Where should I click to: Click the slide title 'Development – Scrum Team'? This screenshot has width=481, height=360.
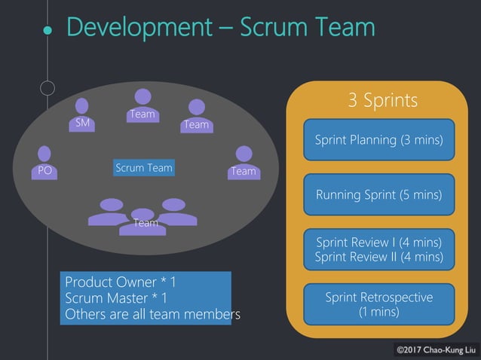coord(220,27)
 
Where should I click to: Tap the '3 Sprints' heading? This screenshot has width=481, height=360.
coord(382,100)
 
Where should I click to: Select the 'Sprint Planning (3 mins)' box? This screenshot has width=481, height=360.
coord(378,139)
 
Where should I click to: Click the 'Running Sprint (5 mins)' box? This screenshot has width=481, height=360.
coord(378,194)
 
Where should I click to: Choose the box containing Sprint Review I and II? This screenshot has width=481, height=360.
coord(378,249)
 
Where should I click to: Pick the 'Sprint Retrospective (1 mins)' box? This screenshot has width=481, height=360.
coord(378,304)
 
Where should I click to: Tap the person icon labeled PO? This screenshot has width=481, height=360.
coord(45,163)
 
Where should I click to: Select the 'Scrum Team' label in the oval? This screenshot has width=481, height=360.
coord(144,168)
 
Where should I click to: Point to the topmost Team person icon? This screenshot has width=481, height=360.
coord(142,105)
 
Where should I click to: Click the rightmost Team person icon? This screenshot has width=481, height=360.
coord(244,162)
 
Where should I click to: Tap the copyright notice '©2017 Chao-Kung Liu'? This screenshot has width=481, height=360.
coord(435,349)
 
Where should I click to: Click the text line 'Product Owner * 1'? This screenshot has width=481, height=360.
coord(121,282)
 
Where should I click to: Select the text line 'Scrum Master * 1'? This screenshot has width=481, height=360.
coord(116,298)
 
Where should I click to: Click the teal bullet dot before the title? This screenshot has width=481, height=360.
coord(47,31)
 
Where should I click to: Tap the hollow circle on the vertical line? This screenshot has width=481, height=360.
coord(47,88)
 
